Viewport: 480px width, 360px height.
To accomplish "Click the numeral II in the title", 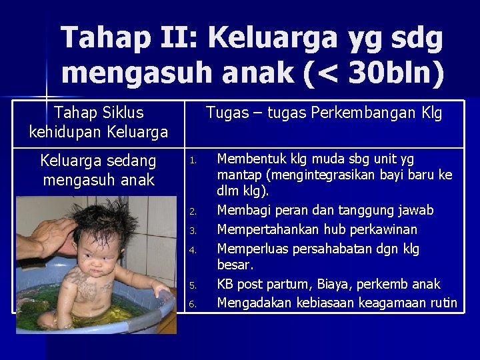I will (x=180, y=39).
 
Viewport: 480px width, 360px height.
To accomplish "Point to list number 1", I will (x=192, y=160).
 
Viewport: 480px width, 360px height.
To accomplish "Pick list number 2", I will (x=192, y=212).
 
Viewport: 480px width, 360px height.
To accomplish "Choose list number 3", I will (x=192, y=231).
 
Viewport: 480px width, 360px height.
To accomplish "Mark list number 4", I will (x=192, y=250).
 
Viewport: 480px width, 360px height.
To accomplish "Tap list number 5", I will (x=192, y=286).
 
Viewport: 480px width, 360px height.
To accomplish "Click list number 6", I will (x=192, y=305).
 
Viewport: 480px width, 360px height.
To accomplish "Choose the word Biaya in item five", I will (x=342, y=285).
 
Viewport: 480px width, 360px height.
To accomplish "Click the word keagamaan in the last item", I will (x=389, y=303).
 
